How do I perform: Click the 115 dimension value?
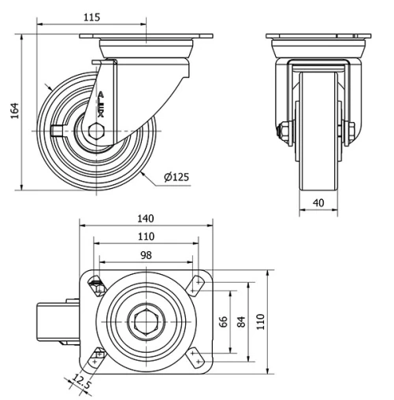(x=91, y=17)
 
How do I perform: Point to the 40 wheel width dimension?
(x=318, y=202)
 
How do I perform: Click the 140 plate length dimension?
(x=145, y=218)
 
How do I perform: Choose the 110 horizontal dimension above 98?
(x=146, y=235)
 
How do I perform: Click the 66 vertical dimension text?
(x=222, y=322)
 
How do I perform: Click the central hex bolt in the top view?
(x=146, y=322)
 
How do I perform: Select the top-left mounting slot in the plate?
(x=98, y=285)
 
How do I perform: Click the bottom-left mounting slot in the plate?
(x=98, y=359)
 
